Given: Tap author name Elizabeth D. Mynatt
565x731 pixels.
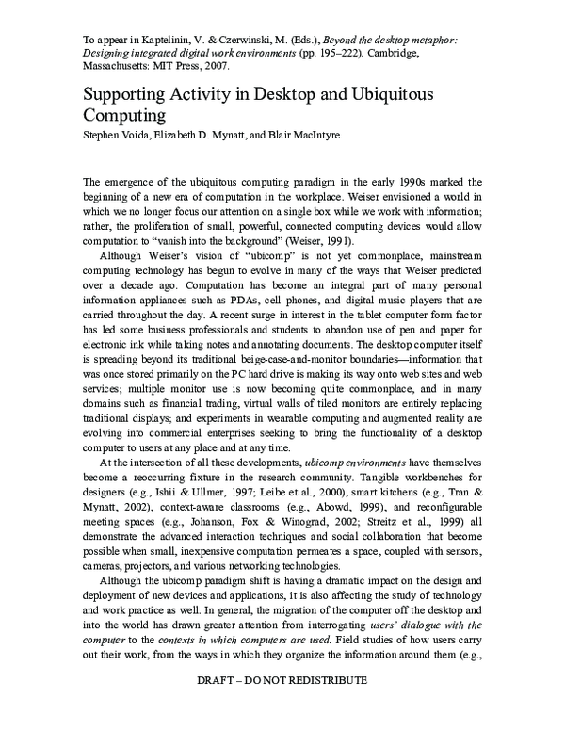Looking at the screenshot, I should [202, 137].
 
